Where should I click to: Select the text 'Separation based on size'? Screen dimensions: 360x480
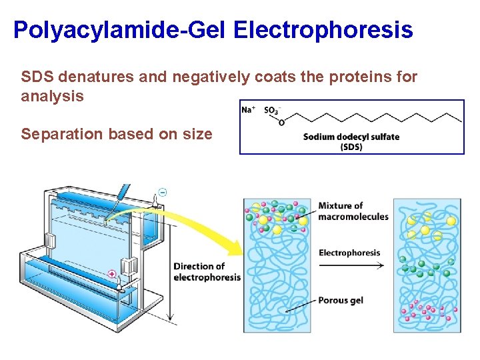117,134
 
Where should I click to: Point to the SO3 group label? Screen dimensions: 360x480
272,110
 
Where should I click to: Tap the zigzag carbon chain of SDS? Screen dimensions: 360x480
373,117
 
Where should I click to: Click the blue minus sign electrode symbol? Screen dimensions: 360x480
163,192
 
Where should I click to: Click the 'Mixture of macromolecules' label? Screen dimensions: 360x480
353,211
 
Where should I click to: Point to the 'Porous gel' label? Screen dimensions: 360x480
341,300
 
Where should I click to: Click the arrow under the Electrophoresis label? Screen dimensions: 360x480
351,265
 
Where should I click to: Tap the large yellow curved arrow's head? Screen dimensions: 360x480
235,250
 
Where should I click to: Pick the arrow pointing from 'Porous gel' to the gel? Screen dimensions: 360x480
300,306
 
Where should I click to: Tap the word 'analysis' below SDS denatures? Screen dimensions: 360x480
52,96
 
